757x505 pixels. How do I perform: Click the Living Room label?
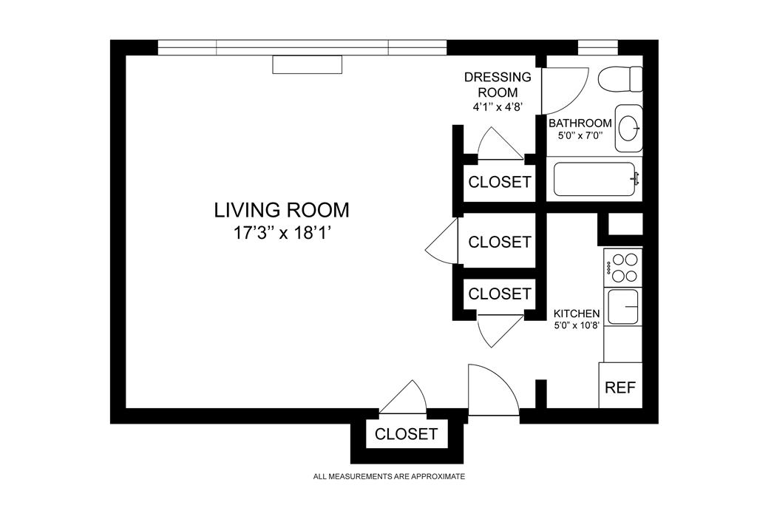pos(282,210)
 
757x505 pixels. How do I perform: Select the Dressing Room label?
pos(498,84)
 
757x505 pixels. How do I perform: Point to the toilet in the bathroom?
pos(620,78)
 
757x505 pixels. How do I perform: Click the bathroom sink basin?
pos(629,128)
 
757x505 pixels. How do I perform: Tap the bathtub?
pos(595,179)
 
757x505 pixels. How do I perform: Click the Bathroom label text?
pos(580,123)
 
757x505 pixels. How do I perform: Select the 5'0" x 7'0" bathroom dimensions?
pos(580,135)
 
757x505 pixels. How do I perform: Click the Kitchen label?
pos(577,313)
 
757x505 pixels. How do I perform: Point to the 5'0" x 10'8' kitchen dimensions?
pos(577,325)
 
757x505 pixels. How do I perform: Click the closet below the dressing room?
pos(500,182)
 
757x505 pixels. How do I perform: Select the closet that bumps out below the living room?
pos(406,434)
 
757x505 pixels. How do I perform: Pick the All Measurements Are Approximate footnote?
pos(389,476)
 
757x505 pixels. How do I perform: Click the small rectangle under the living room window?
pos(307,64)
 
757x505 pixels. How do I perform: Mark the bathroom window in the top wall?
pos(598,48)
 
